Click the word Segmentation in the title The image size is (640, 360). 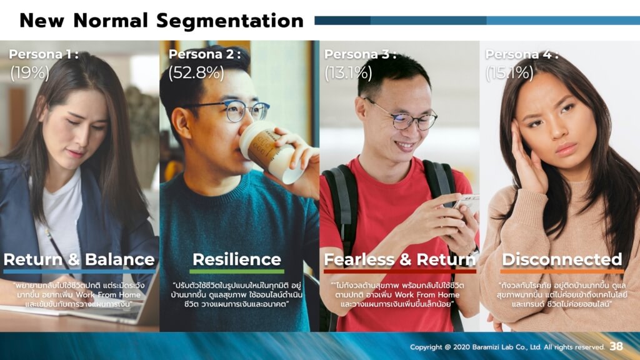click(229, 21)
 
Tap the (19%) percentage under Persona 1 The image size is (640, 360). click(29, 73)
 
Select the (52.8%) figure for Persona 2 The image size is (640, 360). click(196, 73)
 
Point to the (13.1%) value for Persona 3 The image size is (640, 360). click(347, 73)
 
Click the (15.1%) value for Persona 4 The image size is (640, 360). click(509, 73)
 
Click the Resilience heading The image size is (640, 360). click(236, 259)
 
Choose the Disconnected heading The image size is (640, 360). click(561, 259)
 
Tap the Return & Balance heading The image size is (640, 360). click(79, 259)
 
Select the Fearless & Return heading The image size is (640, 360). click(399, 259)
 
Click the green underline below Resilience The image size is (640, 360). click(236, 272)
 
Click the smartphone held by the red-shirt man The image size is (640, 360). click(466, 203)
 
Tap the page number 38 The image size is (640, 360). click(616, 346)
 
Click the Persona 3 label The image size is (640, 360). click(359, 54)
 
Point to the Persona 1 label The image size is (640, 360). click(43, 54)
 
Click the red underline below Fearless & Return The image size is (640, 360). click(399, 272)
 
